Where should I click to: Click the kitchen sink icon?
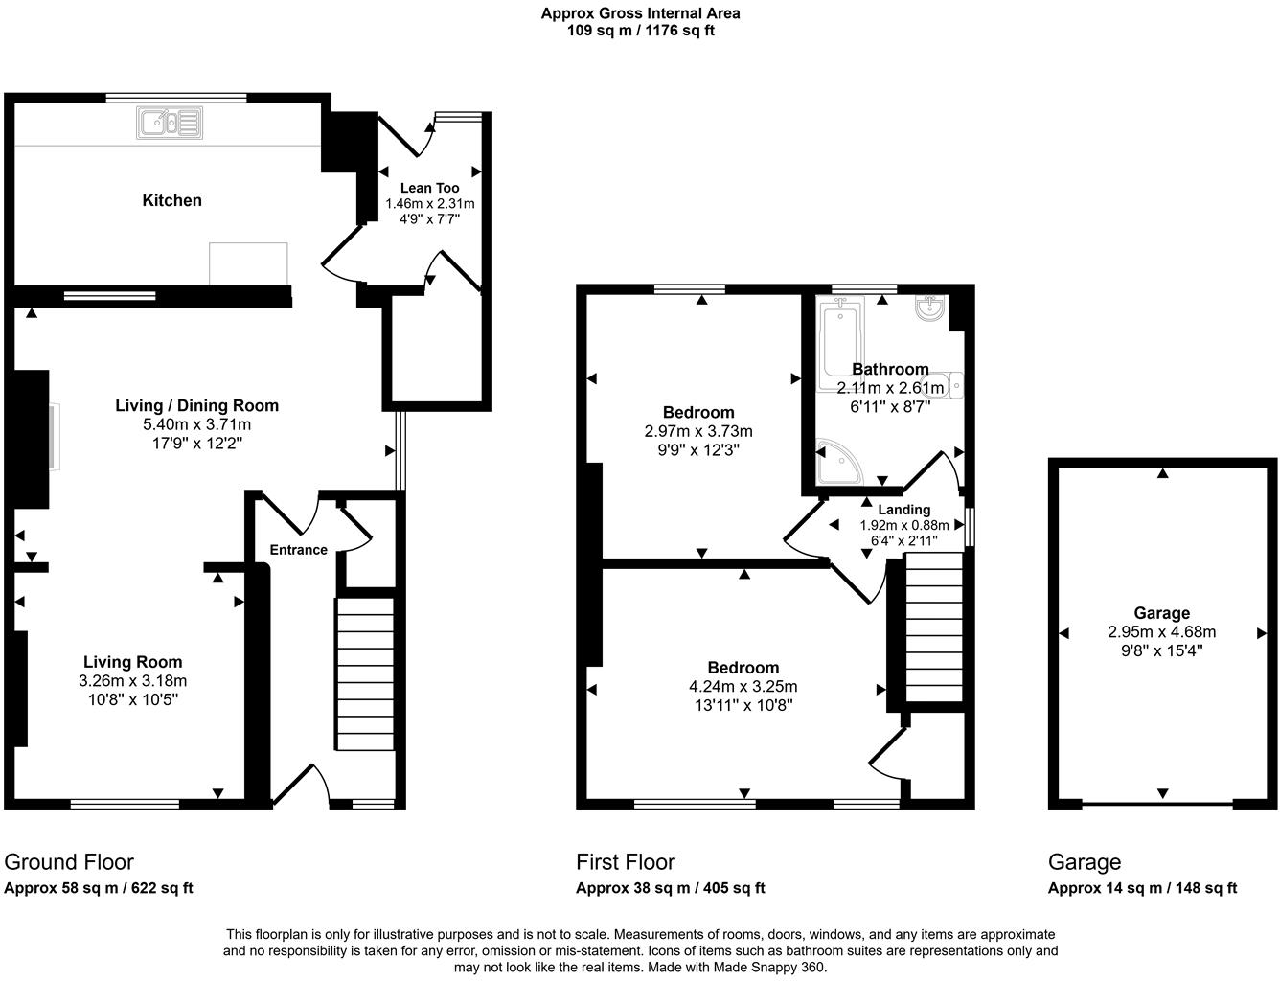170,123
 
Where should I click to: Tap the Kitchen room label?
172,200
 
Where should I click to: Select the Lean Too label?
429,188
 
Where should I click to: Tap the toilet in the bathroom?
950,385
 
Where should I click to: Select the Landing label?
903,510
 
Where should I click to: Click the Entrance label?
298,550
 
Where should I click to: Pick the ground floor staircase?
364,673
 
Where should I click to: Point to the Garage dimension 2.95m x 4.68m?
1161,632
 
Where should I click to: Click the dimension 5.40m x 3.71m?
196,424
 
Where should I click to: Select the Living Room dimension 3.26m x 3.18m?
132,681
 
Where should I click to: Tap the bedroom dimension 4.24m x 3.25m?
743,687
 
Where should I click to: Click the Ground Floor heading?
69,862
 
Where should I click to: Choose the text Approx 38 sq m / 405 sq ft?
670,888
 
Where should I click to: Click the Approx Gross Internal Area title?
640,13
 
